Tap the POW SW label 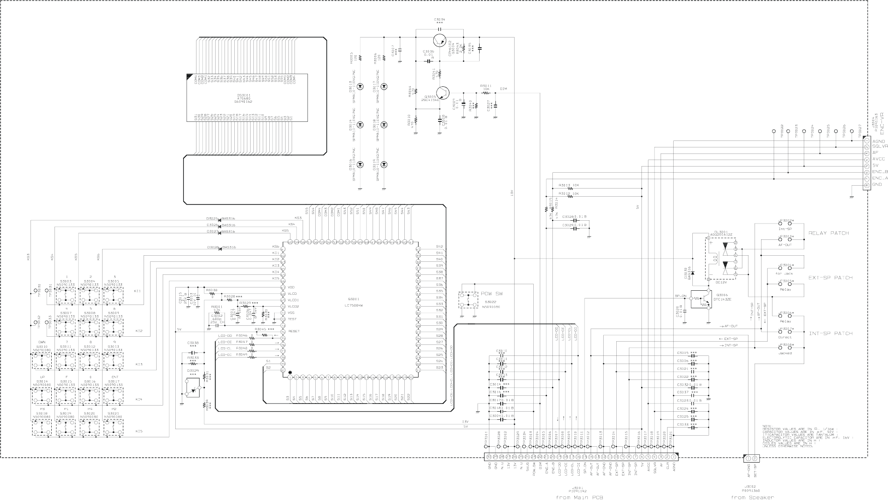492,294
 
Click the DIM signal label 503,89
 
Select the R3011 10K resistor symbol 485,93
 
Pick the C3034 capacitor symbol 439,29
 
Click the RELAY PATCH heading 828,233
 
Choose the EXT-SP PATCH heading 830,278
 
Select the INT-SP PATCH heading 830,333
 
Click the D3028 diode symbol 220,247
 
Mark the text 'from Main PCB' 579,497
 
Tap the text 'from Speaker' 752,497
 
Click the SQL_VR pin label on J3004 880,146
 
